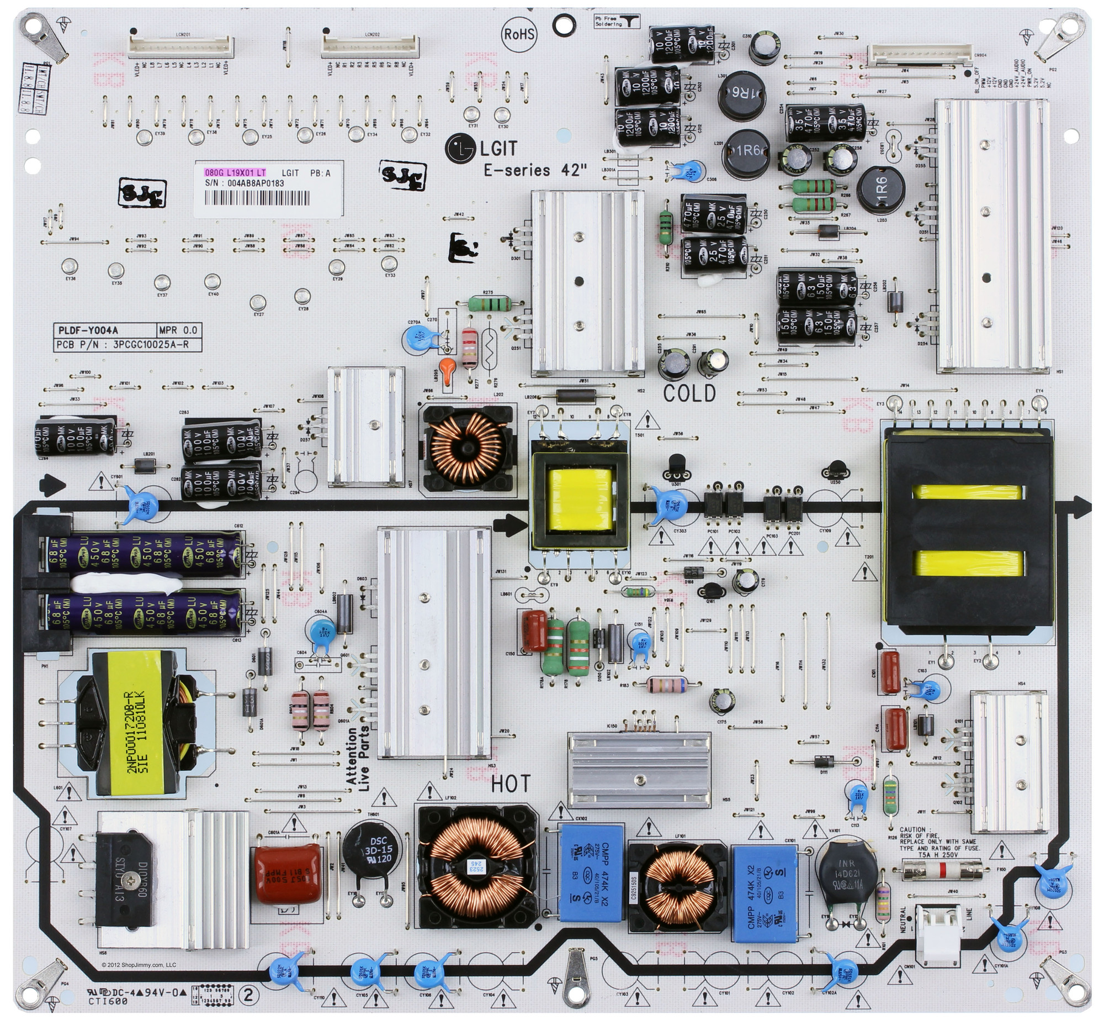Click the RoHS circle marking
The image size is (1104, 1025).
point(519,34)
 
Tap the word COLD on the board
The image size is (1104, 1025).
point(689,393)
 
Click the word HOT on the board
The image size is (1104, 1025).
point(511,784)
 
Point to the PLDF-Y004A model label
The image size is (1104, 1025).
point(88,330)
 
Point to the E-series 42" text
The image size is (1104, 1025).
point(535,170)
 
